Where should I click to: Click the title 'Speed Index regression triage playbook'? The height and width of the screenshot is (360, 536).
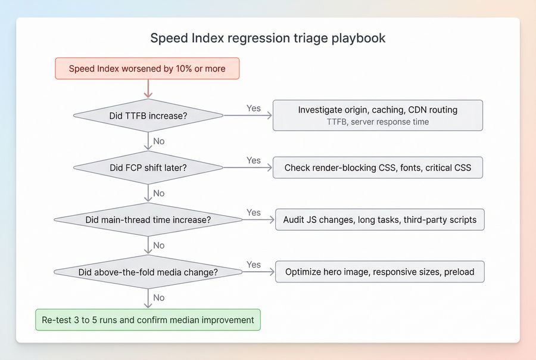[267, 38]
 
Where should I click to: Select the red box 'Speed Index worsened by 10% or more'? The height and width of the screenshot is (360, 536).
[147, 69]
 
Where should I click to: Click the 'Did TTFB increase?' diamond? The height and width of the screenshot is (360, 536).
[148, 116]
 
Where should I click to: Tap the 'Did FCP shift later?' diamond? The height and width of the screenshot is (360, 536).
[148, 167]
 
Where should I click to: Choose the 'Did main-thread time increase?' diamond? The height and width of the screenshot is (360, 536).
[148, 220]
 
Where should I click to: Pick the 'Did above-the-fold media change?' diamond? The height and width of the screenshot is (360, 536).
[148, 272]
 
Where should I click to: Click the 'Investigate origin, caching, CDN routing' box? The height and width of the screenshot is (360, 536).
[378, 115]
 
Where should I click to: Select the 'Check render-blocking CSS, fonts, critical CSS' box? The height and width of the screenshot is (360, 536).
[378, 167]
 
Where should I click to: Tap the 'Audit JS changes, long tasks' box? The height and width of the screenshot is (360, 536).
[379, 220]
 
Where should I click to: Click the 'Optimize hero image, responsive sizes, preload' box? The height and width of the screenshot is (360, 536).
[379, 272]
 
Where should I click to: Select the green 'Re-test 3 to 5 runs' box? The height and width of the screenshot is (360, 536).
[148, 320]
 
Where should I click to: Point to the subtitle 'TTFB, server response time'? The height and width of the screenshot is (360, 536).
[378, 122]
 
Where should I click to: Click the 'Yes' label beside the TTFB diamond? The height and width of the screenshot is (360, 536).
[254, 108]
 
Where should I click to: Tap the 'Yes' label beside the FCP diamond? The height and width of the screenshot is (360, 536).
[254, 160]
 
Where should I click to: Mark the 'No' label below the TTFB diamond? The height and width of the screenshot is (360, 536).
[159, 141]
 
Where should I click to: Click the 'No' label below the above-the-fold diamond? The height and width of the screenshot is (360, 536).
[159, 297]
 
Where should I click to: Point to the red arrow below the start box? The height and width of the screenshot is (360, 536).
[148, 89]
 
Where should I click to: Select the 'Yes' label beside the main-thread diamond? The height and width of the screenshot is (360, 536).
[254, 213]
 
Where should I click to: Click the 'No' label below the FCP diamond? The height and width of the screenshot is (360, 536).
[159, 193]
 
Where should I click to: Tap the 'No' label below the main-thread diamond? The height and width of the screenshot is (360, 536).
[159, 246]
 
